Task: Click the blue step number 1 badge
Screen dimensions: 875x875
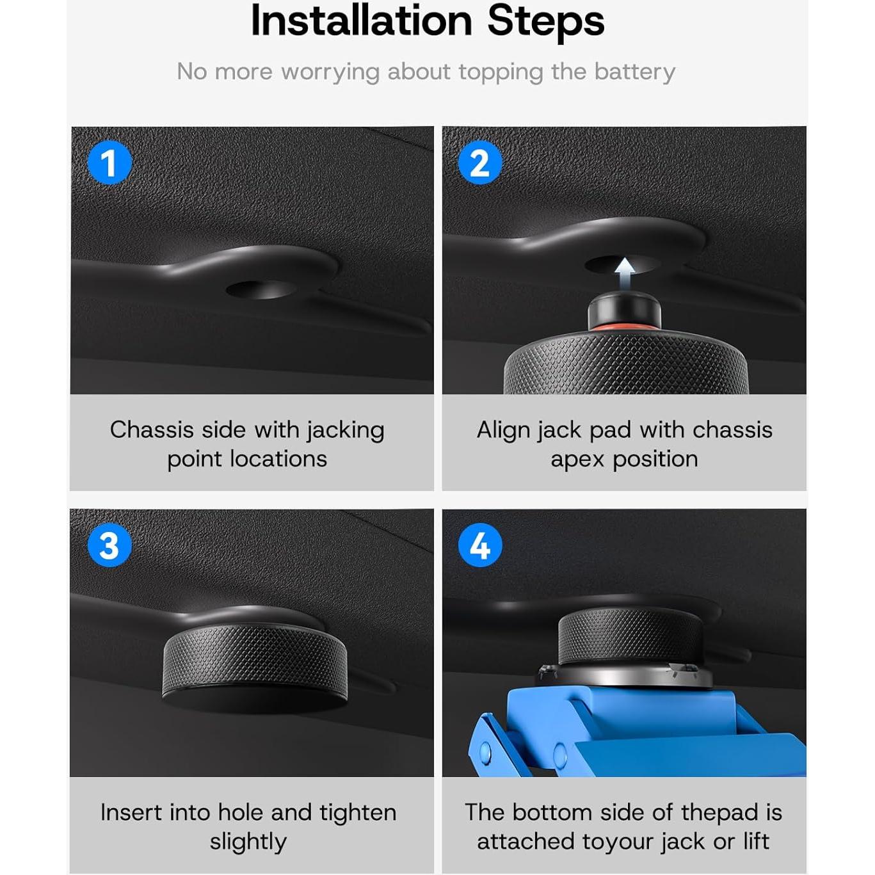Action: (109, 163)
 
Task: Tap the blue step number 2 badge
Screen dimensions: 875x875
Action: (480, 163)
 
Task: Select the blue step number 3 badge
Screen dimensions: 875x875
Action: (109, 545)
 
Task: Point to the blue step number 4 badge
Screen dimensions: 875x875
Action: (480, 545)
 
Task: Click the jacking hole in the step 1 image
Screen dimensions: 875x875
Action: (261, 289)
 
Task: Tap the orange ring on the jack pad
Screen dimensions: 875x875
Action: (624, 328)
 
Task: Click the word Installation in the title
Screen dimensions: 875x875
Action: (362, 21)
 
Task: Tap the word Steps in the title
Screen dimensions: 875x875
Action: (545, 21)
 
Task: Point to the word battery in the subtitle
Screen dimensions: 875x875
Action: (634, 72)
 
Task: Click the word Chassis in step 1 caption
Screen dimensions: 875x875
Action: (151, 429)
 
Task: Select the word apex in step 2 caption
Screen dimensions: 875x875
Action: (577, 460)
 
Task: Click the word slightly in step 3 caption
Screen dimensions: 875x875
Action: (248, 842)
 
